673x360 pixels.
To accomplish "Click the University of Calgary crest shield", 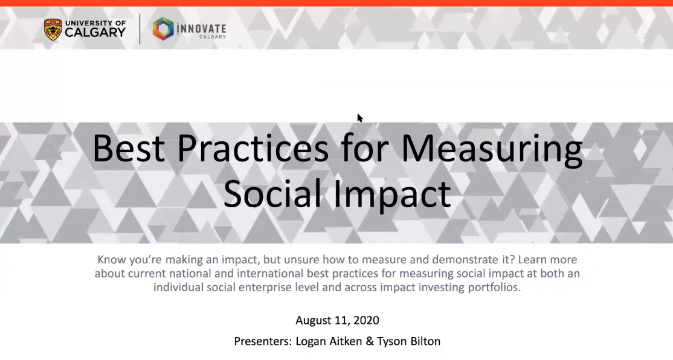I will click(53, 29).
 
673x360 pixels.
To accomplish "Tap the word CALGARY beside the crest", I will click(95, 33).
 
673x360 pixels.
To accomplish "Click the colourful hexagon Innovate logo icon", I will click(163, 29).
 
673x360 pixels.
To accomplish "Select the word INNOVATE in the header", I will click(202, 28).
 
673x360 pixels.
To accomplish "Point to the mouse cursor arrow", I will click(359, 117).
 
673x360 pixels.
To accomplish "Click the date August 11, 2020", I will click(337, 320).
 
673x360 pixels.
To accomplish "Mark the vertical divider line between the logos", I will click(140, 29).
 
